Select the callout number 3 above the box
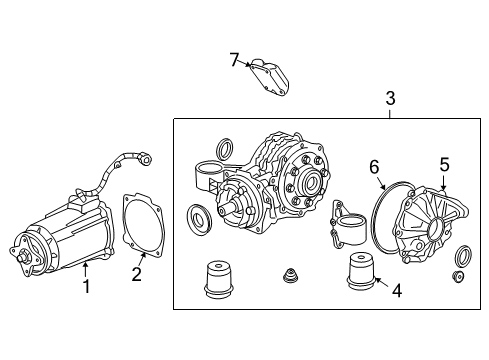coord(390,99)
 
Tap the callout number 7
coord(235,61)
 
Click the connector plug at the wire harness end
coord(146,159)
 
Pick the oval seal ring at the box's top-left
coord(226,150)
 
